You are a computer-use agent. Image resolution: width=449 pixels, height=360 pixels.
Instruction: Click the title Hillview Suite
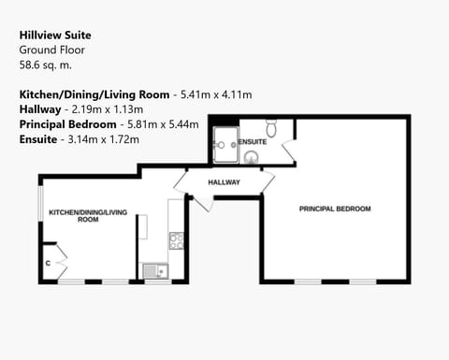(55, 35)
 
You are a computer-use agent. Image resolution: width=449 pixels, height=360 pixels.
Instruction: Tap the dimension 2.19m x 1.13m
(110, 109)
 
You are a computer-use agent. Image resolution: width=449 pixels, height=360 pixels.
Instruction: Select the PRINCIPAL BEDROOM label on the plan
(335, 208)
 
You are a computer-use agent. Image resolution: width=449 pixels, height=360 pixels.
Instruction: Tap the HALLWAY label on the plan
(224, 182)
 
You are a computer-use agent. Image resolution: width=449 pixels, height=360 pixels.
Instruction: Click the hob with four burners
(176, 240)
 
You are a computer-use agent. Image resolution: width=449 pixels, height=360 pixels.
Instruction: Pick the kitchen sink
(154, 271)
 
